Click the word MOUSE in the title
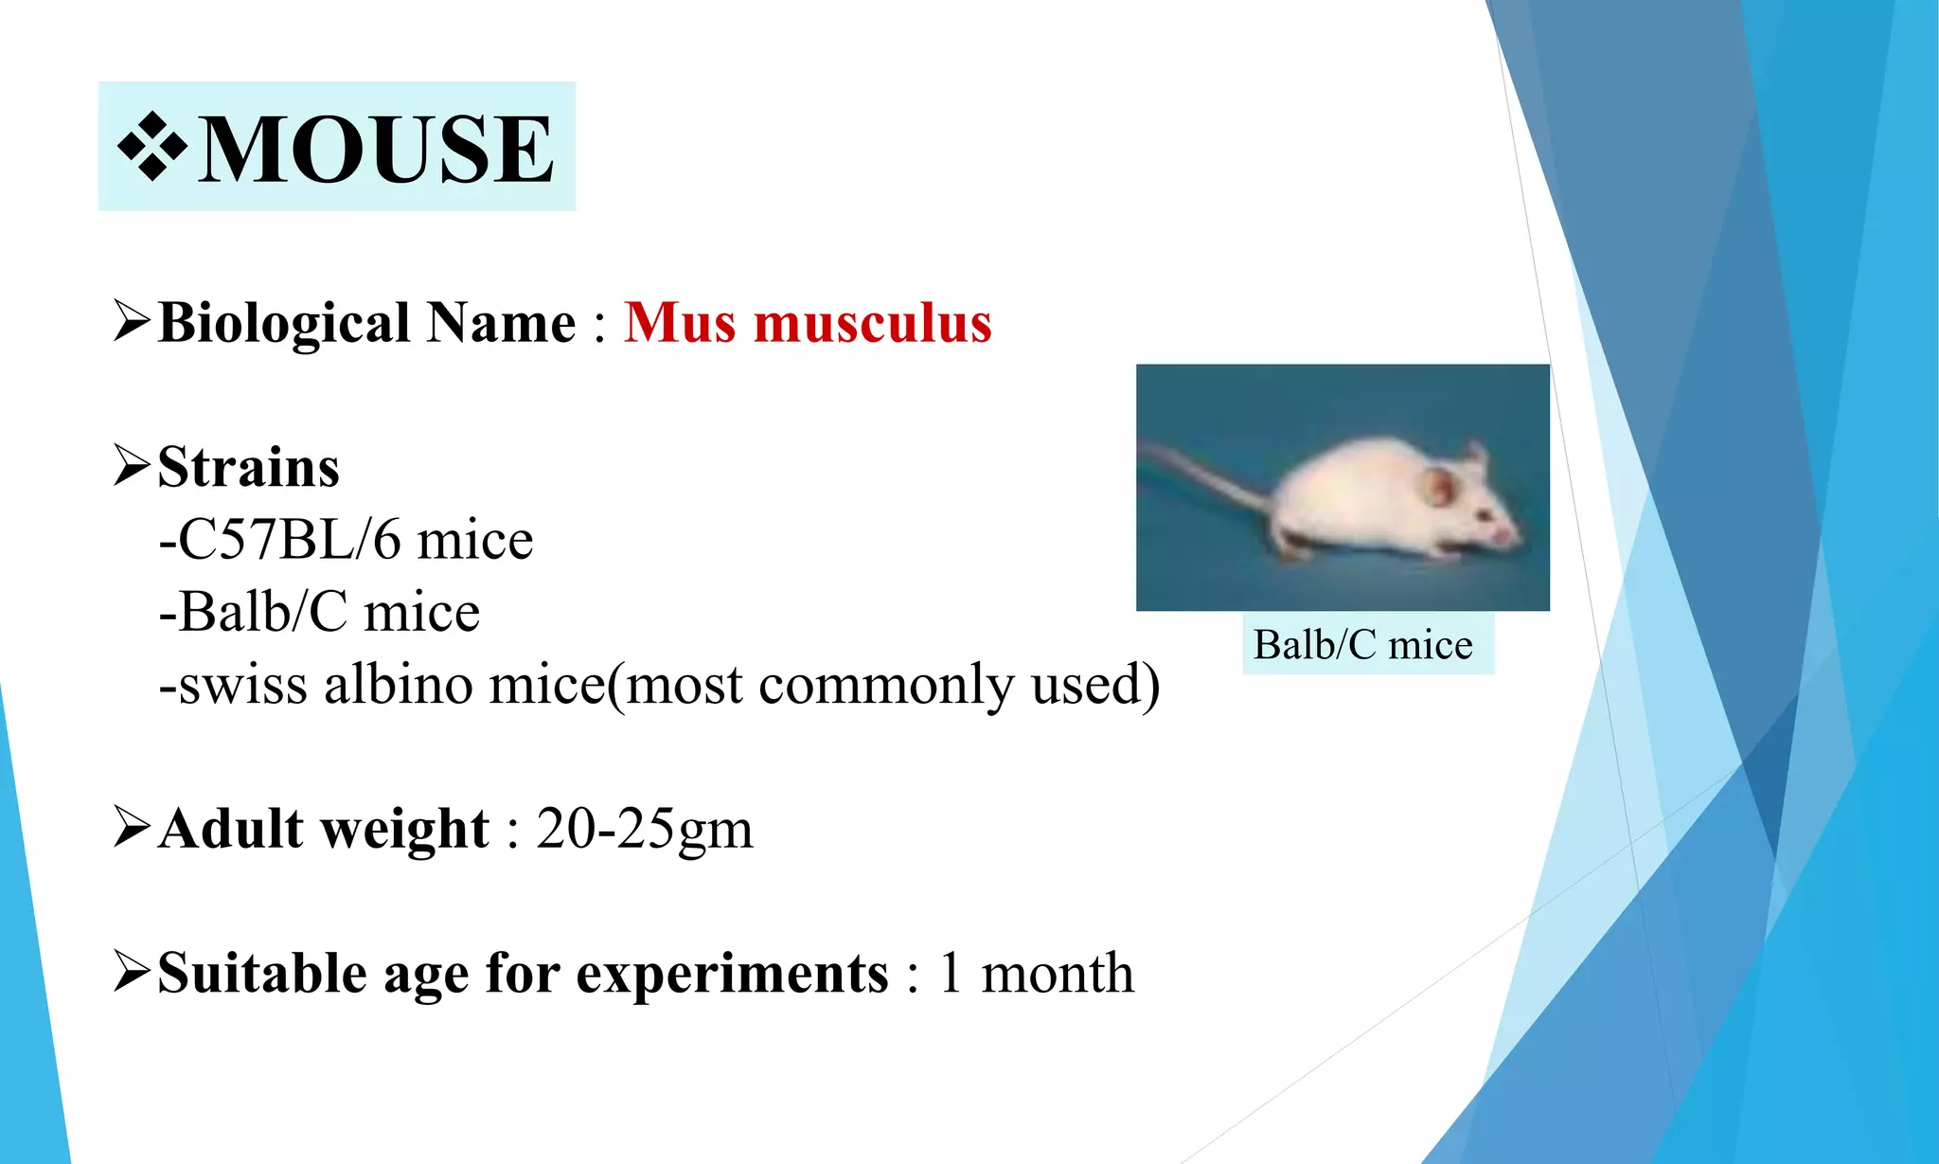coord(376,149)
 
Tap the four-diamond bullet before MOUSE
coord(151,148)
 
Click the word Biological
coord(283,323)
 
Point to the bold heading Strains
coord(248,467)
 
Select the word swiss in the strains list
coord(242,685)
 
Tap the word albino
coord(398,685)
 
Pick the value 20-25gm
coord(644,830)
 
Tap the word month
coord(1057,974)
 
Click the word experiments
coord(732,974)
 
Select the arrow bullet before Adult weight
coord(132,827)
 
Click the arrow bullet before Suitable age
coord(132,972)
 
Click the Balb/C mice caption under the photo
coord(1362,645)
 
